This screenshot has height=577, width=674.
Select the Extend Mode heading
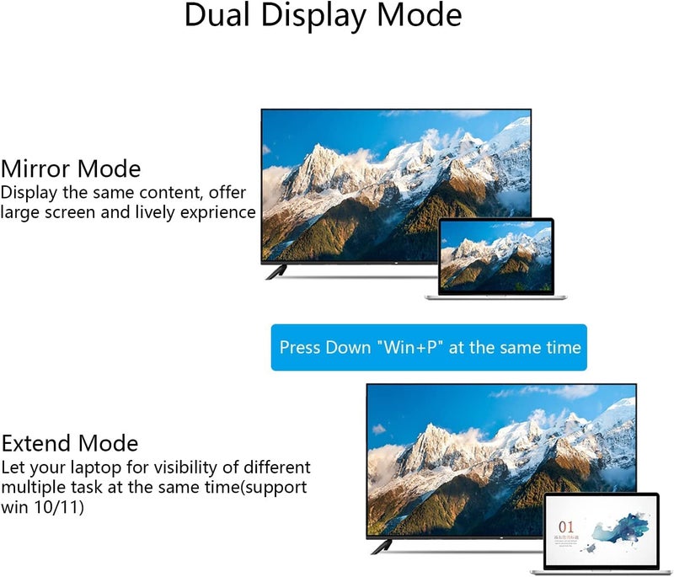pos(70,443)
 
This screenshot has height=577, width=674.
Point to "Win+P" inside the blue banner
pos(411,347)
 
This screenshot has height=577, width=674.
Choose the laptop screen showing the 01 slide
pos(601,531)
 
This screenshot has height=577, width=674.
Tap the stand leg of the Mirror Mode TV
pos(276,271)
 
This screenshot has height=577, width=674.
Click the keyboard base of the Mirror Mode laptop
pos(496,296)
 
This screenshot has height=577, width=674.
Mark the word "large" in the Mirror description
pos(19,212)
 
